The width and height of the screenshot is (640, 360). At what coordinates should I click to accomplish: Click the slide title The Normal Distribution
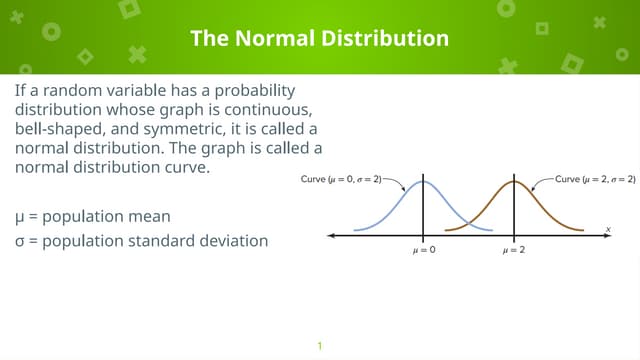pyautogui.click(x=320, y=39)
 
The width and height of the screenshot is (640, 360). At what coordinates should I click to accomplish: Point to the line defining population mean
pyautogui.click(x=92, y=215)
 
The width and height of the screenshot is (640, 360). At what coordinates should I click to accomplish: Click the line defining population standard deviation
pyautogui.click(x=141, y=240)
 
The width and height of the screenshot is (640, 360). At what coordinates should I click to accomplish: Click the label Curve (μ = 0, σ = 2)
pyautogui.click(x=340, y=179)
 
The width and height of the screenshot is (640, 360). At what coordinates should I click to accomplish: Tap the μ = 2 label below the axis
pyautogui.click(x=514, y=250)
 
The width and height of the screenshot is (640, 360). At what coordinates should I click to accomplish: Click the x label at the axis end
pyautogui.click(x=607, y=229)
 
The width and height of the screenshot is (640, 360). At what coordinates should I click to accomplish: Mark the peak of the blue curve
pyautogui.click(x=423, y=182)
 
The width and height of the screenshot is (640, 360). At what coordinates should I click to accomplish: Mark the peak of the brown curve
pyautogui.click(x=514, y=182)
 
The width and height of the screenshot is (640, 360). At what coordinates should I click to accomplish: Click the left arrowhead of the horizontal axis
pyautogui.click(x=331, y=236)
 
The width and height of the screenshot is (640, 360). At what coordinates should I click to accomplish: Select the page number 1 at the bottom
pyautogui.click(x=320, y=346)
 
